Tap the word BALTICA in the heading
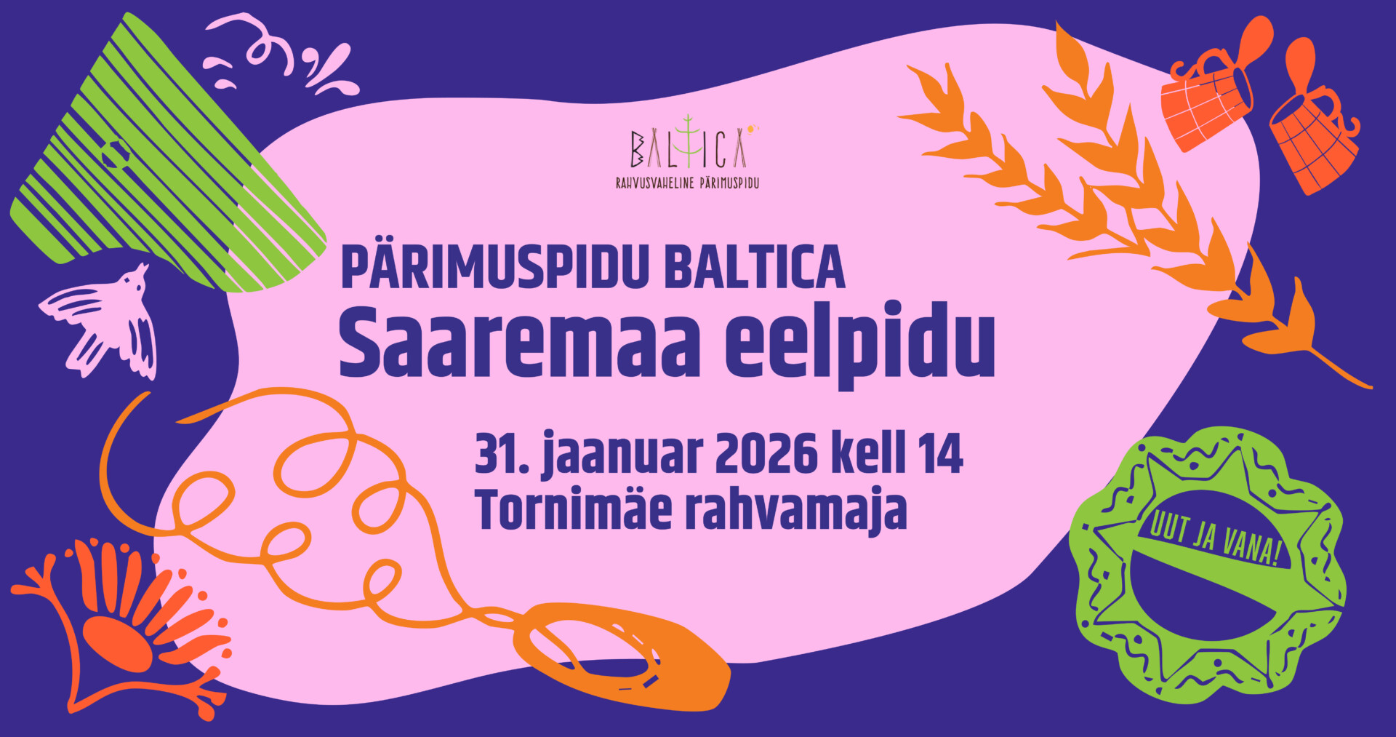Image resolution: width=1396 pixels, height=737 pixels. pos(755,267)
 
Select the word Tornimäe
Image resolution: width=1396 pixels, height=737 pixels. pos(574,509)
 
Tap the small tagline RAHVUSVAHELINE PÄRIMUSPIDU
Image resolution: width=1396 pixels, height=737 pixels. pos(687,183)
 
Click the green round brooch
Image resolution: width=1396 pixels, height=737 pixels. pos(1208,565)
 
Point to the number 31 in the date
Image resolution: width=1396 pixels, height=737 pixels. pos(494,454)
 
